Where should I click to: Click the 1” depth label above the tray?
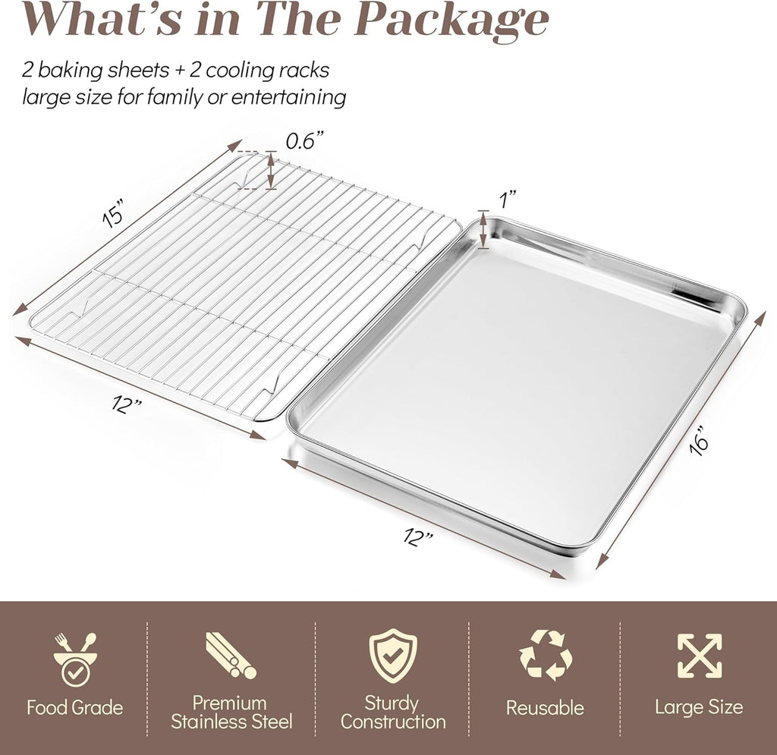(508, 199)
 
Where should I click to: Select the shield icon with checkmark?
(392, 656)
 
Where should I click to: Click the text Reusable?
(545, 709)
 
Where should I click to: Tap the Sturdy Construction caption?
(392, 713)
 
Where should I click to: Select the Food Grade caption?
(74, 709)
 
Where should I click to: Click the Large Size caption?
(699, 709)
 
